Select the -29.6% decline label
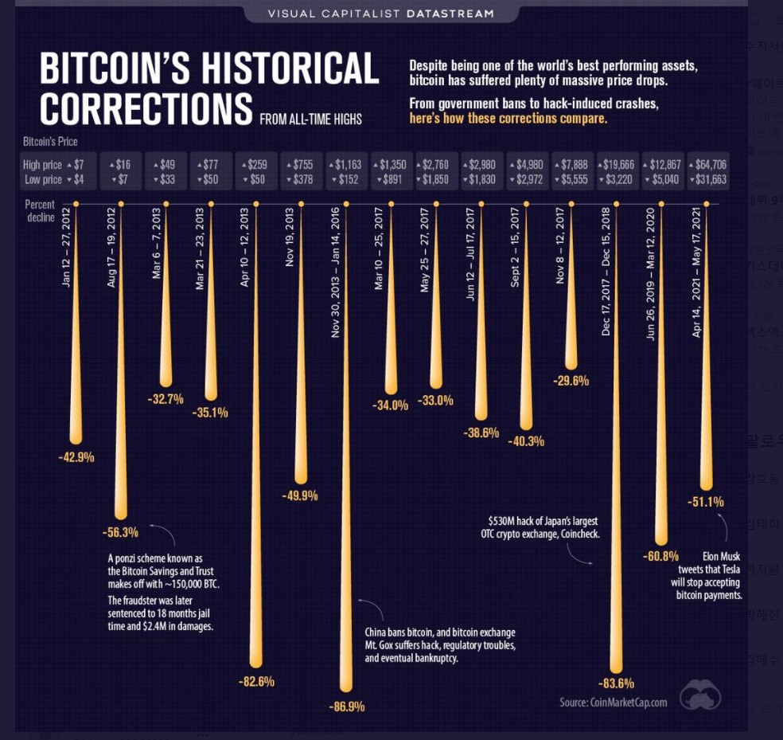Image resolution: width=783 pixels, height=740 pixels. tap(571, 381)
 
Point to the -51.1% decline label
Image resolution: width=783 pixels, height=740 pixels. tap(705, 502)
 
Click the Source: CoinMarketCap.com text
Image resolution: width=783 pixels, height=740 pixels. tap(613, 702)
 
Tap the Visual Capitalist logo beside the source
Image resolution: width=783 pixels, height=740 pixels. tap(701, 694)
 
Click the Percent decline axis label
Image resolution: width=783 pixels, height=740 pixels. tap(40, 211)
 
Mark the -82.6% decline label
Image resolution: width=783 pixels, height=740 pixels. tap(255, 681)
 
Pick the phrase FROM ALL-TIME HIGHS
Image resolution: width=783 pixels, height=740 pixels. tap(310, 119)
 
